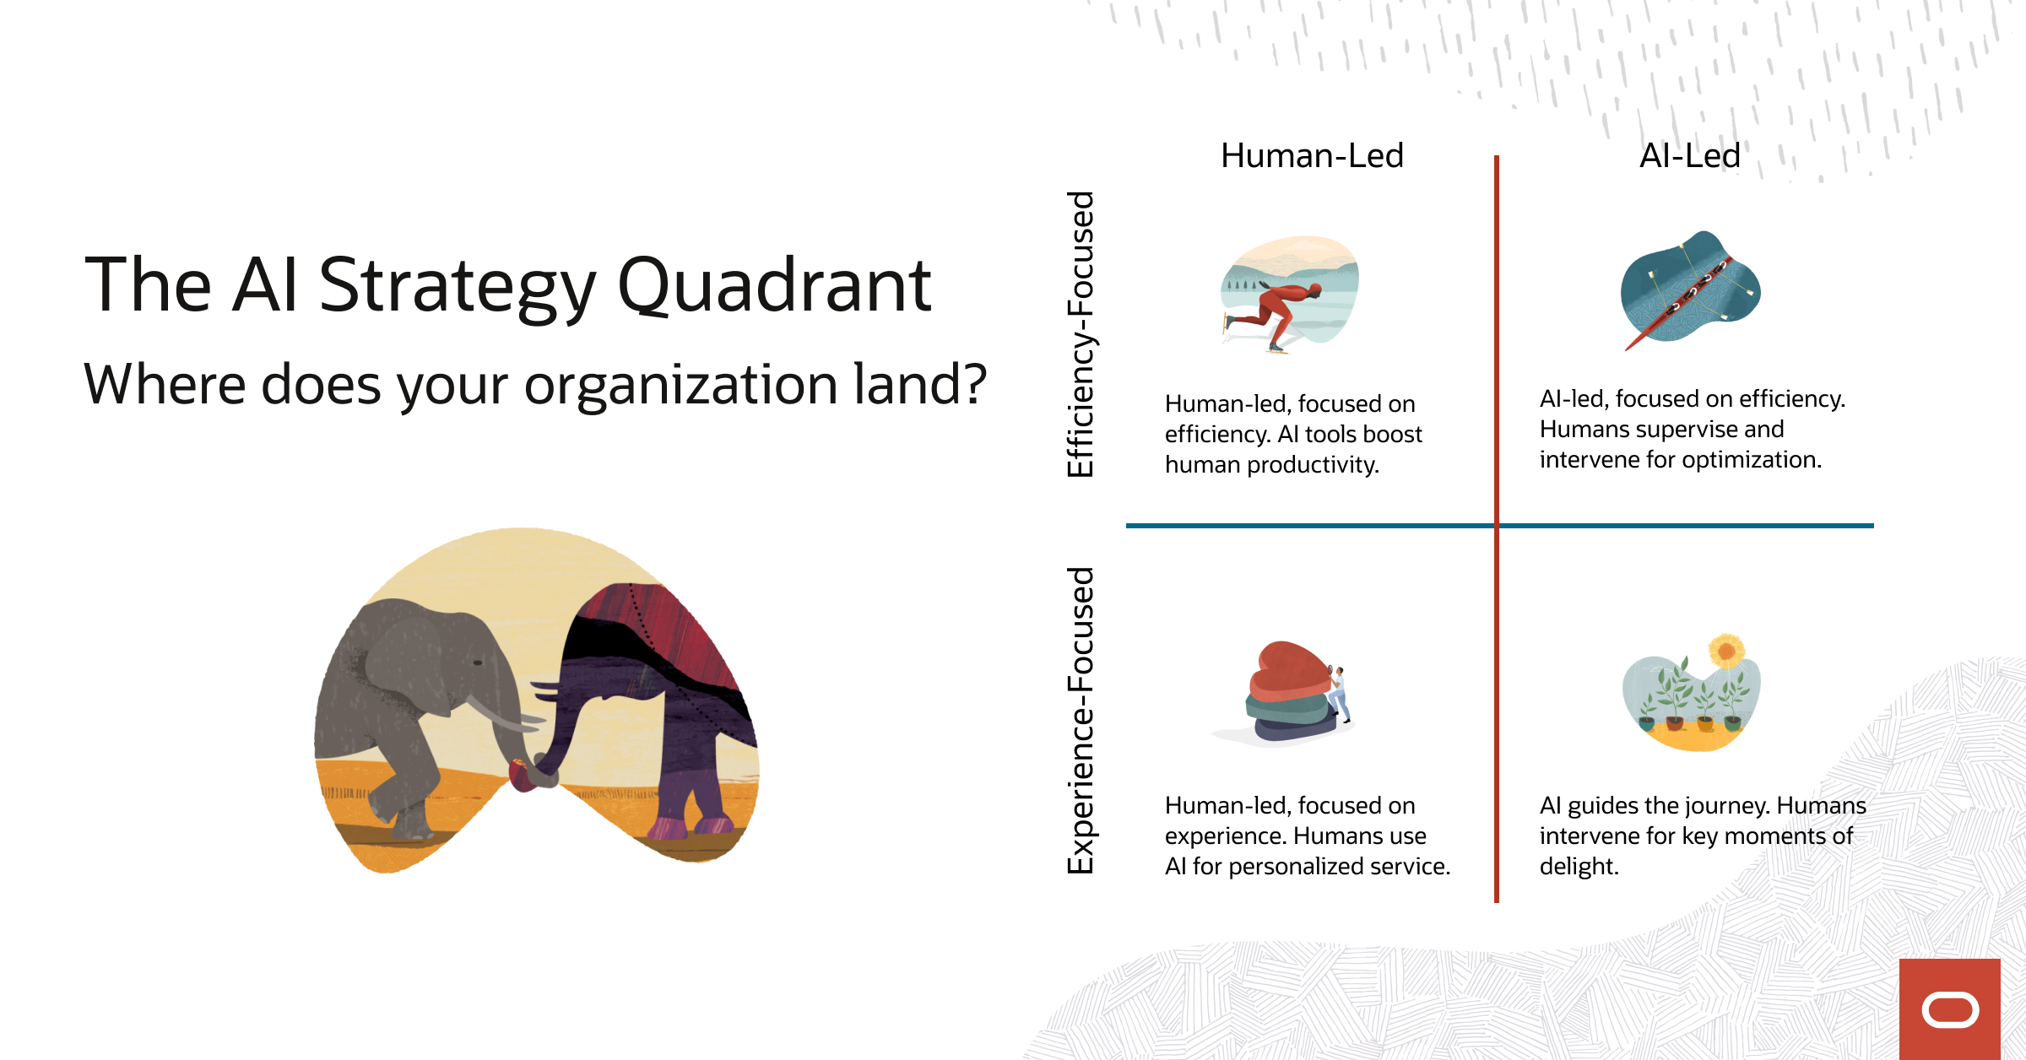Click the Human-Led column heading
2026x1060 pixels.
pyautogui.click(x=1312, y=156)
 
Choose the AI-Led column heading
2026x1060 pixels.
pyautogui.click(x=1689, y=156)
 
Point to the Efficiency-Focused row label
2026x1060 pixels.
pyautogui.click(x=1081, y=334)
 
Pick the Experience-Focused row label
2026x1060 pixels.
pyautogui.click(x=1081, y=720)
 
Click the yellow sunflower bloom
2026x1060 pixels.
pyautogui.click(x=1726, y=651)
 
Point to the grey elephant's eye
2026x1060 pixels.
pyautogui.click(x=478, y=662)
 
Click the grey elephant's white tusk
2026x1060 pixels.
pyautogui.click(x=498, y=714)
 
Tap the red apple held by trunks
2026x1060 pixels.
pyautogui.click(x=522, y=775)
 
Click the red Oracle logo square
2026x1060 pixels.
pyautogui.click(x=1949, y=1009)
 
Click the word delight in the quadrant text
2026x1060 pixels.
pyautogui.click(x=1578, y=867)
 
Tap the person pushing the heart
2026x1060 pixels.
pyautogui.click(x=1337, y=692)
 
